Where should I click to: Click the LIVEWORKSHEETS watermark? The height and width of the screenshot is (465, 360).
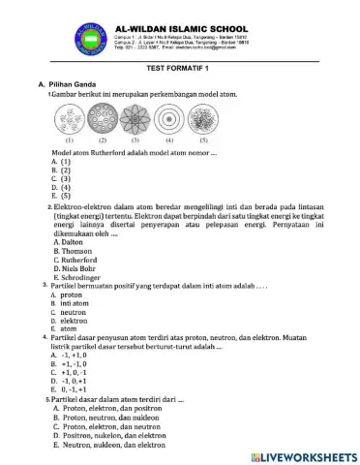305,454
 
